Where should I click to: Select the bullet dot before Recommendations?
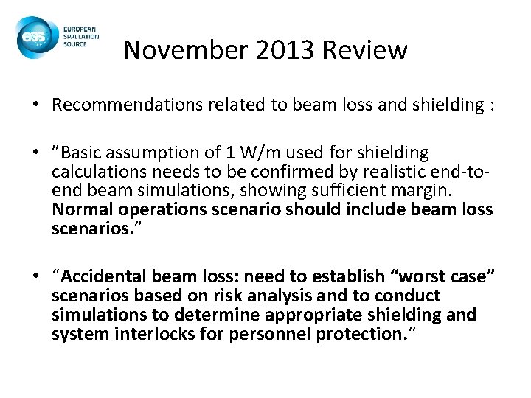[36, 104]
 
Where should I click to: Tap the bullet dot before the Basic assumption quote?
[36, 153]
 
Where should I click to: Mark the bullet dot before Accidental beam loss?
[36, 277]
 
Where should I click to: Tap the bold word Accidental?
[104, 276]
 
